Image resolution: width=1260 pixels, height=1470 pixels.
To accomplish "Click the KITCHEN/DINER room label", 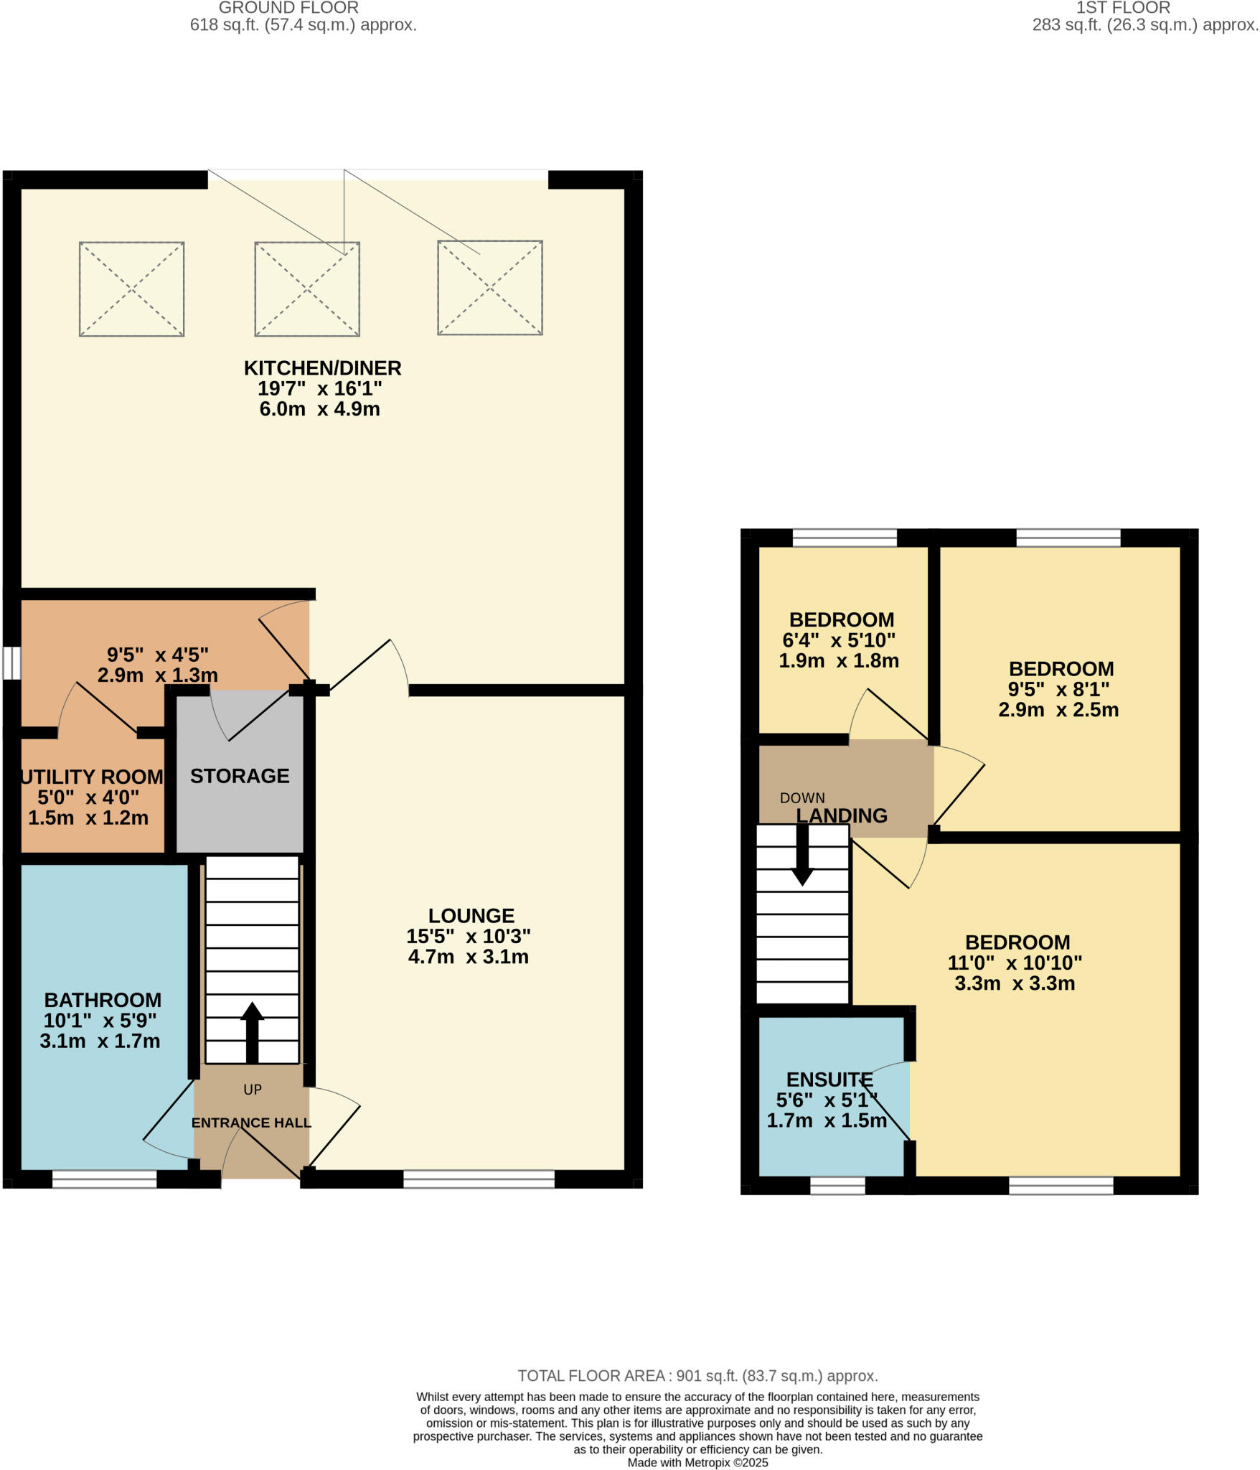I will [x=322, y=368].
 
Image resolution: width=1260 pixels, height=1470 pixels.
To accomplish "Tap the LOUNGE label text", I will [x=471, y=916].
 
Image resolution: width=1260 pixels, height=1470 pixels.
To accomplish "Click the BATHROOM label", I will [x=103, y=1000].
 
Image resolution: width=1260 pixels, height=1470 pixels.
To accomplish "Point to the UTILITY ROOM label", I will [x=92, y=777].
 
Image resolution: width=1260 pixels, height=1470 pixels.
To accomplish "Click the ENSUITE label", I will [x=829, y=1080].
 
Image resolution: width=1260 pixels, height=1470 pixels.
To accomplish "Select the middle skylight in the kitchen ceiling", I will [x=307, y=289].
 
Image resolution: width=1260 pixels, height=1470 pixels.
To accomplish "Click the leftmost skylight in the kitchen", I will [x=131, y=289].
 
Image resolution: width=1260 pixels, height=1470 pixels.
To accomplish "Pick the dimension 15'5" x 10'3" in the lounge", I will [x=469, y=937].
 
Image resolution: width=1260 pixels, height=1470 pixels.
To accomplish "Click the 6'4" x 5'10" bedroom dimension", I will [x=839, y=640].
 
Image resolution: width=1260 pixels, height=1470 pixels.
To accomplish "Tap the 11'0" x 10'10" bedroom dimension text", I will [x=1015, y=963].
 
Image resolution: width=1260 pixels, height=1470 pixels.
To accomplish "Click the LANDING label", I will [x=842, y=816].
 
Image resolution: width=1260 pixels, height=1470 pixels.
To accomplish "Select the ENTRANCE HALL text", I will [x=251, y=1123].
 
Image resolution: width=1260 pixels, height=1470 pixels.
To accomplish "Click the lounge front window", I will [x=479, y=1179].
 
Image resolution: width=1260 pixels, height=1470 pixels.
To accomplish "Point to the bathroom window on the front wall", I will [x=104, y=1179].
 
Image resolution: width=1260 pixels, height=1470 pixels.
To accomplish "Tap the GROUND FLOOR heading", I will [x=288, y=8].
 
